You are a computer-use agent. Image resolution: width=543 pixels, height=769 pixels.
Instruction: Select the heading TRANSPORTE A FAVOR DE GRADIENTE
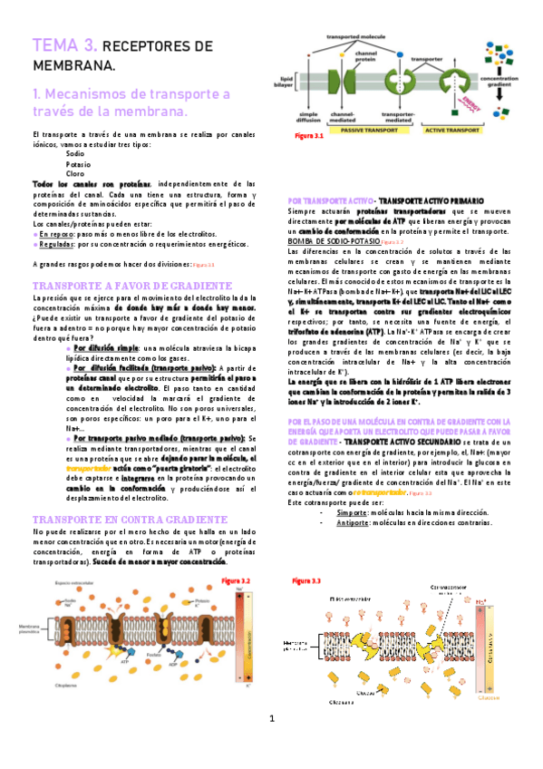(x=122, y=285)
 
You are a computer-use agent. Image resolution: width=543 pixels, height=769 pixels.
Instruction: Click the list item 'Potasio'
(x=79, y=164)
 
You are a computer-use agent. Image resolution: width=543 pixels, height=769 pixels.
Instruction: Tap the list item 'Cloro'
(x=75, y=173)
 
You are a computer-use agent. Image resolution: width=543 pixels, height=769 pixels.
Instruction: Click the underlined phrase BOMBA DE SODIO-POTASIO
(x=328, y=243)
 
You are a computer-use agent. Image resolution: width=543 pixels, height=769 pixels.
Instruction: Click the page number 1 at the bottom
(x=270, y=745)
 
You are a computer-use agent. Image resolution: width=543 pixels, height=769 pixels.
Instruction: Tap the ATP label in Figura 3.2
(x=125, y=663)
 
